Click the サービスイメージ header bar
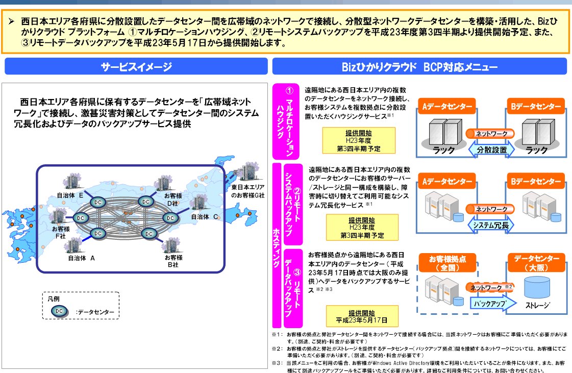(136, 67)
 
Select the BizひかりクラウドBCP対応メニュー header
(419, 67)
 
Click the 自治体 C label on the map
(205, 216)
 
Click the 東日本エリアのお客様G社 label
(247, 192)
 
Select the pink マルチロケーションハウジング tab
(289, 121)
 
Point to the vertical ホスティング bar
(277, 245)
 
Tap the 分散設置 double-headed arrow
(491, 151)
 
